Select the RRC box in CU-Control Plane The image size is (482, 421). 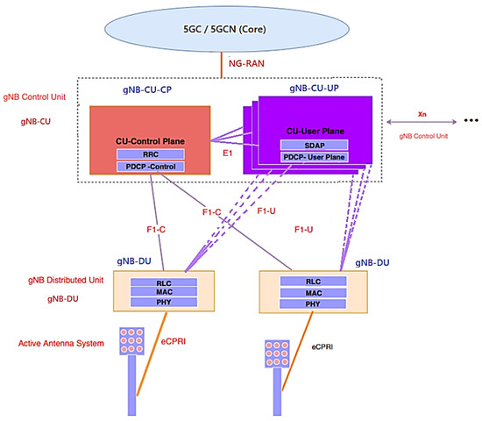[x=151, y=153]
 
